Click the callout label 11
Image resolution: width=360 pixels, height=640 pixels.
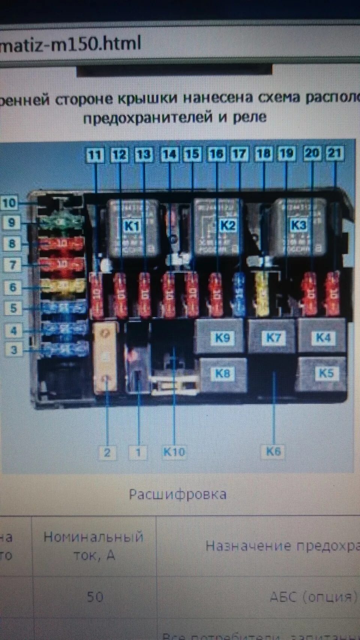point(94,154)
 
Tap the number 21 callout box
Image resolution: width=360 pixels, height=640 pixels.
point(335,153)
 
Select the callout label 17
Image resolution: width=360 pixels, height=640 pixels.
point(240,154)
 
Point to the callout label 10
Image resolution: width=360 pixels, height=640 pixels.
point(9,203)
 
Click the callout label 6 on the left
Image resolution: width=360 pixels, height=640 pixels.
point(12,287)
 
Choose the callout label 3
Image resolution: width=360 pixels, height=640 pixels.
point(14,350)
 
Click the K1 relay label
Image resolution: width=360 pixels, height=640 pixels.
point(131,226)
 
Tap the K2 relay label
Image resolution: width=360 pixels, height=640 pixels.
point(227,225)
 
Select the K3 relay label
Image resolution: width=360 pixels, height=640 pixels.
point(298,225)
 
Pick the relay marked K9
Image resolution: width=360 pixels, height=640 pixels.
point(222,337)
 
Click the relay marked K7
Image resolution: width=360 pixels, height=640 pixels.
point(273,337)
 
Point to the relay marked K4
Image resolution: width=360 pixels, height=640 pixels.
point(323,337)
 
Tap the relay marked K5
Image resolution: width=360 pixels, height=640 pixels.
point(325,373)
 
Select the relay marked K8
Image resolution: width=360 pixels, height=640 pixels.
point(222,373)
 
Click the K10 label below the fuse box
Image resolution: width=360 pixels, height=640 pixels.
point(174,452)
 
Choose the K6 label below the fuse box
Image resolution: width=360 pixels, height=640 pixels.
point(273,451)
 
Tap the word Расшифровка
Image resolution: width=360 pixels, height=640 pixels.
point(178,494)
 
